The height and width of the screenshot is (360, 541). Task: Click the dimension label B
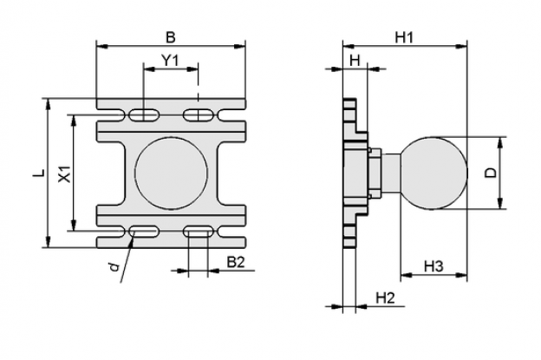[x=171, y=37]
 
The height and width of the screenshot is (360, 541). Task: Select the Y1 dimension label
[x=171, y=61]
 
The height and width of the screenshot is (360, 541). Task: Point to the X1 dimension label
[x=65, y=173]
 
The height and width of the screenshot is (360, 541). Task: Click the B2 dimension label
[x=235, y=262]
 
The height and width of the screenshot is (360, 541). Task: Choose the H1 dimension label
[x=404, y=37]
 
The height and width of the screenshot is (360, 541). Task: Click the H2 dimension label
[x=385, y=298]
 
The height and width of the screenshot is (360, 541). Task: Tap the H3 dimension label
[x=433, y=266]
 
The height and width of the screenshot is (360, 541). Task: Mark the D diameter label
[x=491, y=173]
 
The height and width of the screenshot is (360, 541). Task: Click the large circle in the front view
[x=171, y=173]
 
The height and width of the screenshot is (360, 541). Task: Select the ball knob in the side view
[x=433, y=173]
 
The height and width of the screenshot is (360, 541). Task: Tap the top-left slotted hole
[x=145, y=115]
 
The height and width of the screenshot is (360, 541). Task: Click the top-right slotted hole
[x=198, y=115]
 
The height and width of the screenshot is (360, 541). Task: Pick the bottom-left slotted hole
[x=145, y=232]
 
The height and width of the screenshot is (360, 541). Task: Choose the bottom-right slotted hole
[x=198, y=232]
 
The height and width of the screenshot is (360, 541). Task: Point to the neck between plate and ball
[x=391, y=173]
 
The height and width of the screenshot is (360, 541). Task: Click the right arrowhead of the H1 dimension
[x=461, y=46]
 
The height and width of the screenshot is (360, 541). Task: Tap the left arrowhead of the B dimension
[x=102, y=46]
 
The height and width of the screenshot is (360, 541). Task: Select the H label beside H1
[x=355, y=61]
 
